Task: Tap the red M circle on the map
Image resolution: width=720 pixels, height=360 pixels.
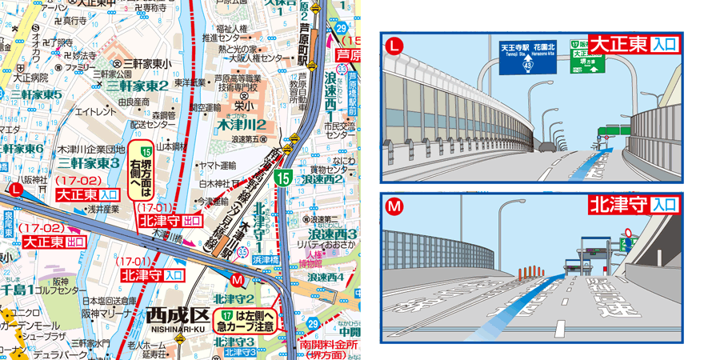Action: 237,281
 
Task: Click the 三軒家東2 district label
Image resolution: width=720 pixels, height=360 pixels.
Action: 138,86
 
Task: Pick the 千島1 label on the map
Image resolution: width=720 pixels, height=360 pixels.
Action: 18,289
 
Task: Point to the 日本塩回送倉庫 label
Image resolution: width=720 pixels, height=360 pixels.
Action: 109,300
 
